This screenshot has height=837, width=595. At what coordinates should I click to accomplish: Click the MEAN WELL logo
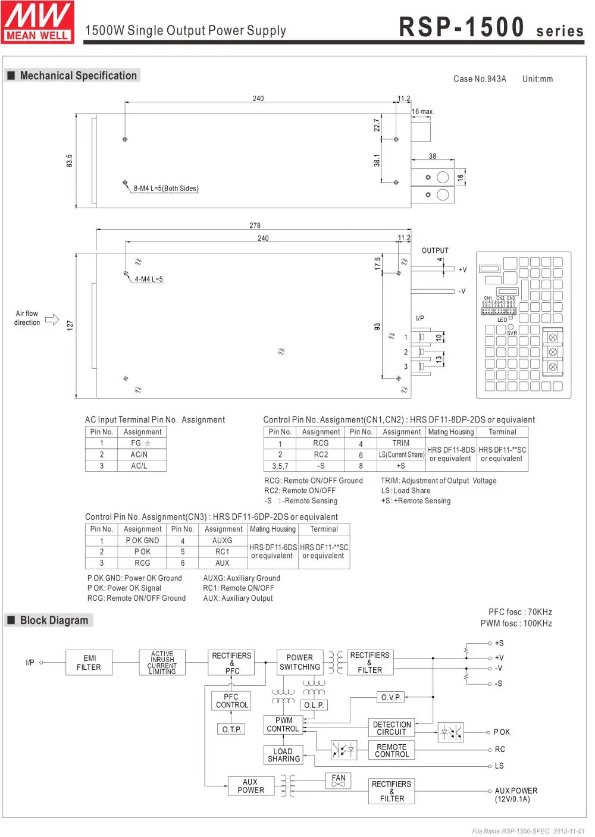(37, 22)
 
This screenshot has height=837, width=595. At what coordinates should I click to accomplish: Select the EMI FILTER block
(89, 663)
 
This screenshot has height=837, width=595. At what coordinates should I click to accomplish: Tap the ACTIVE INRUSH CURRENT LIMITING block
(162, 663)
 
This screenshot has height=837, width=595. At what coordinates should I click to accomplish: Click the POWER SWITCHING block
(299, 662)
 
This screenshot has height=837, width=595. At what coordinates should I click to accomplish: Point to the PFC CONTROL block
(231, 701)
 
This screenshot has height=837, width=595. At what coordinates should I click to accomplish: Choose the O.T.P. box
(231, 729)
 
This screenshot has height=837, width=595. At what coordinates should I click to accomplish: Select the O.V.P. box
(391, 697)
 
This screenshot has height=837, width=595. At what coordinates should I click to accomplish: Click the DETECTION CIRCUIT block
(392, 728)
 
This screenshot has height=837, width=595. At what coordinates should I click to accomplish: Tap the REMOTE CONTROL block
(392, 751)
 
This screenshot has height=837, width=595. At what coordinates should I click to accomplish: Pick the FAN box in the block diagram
(339, 780)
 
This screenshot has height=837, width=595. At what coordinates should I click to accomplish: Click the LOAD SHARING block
(283, 755)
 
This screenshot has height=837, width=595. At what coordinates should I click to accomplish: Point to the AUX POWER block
(250, 786)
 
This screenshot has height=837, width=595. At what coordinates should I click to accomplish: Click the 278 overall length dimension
(255, 225)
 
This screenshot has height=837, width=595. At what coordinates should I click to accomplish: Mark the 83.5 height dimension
(69, 161)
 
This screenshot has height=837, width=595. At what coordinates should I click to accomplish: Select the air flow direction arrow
(52, 319)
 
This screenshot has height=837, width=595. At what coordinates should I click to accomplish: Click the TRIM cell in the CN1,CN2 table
(400, 443)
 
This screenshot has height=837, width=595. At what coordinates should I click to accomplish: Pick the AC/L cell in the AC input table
(139, 466)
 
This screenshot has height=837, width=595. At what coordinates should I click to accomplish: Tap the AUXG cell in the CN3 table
(222, 541)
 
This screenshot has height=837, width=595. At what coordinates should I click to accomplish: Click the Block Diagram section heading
(54, 620)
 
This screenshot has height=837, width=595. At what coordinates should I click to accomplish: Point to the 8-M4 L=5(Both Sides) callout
(166, 189)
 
